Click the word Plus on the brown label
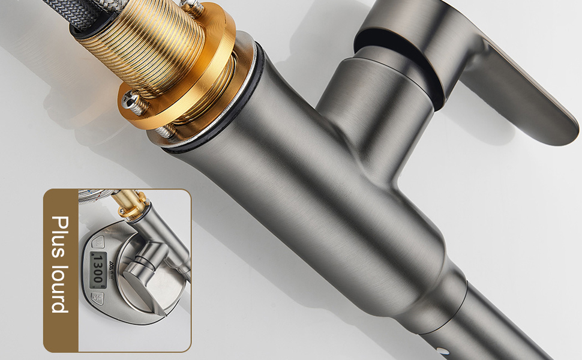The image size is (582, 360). [60, 237]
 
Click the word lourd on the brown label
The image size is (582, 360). [59, 289]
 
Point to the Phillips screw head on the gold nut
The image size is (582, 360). [133, 101]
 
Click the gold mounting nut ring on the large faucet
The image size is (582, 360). [193, 82]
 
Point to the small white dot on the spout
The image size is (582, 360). [440, 350]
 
